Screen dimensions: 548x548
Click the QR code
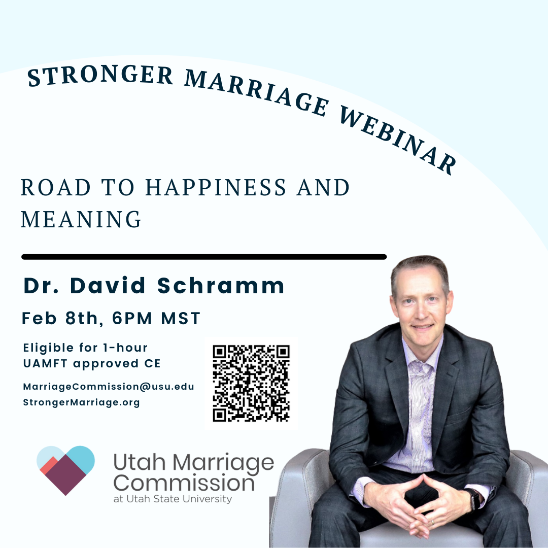[x=251, y=384]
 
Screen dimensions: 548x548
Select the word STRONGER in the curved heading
[x=100, y=75]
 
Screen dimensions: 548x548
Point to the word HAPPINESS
[x=216, y=188]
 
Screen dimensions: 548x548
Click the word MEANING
[x=81, y=220]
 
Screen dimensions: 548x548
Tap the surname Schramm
[x=221, y=286]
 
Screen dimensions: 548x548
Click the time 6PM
[x=132, y=318]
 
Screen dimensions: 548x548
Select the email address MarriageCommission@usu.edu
[x=109, y=387]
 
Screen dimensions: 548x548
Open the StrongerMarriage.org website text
[x=81, y=402]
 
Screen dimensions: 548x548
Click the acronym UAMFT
[x=45, y=363]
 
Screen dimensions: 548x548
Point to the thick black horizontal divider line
[x=204, y=257]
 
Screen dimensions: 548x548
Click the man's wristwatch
[x=474, y=499]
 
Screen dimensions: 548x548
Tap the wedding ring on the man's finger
[x=432, y=522]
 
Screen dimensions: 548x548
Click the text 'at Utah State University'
[x=173, y=499]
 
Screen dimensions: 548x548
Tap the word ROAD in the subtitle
[x=56, y=188]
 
